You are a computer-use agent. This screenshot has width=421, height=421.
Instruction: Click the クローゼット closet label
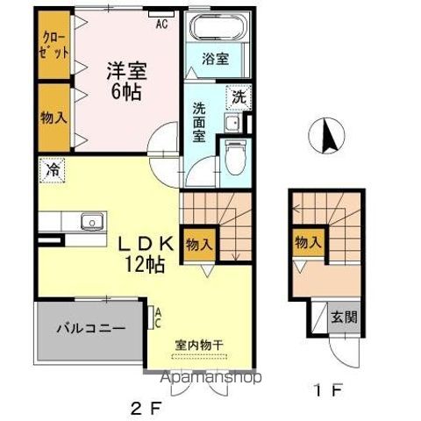54,45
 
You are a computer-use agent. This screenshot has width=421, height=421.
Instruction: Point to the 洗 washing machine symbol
239,96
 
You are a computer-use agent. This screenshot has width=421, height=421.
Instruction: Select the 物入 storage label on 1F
306,242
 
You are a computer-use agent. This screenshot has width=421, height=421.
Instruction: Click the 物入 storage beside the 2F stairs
198,246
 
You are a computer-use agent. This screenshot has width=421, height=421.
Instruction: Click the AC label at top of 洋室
162,24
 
